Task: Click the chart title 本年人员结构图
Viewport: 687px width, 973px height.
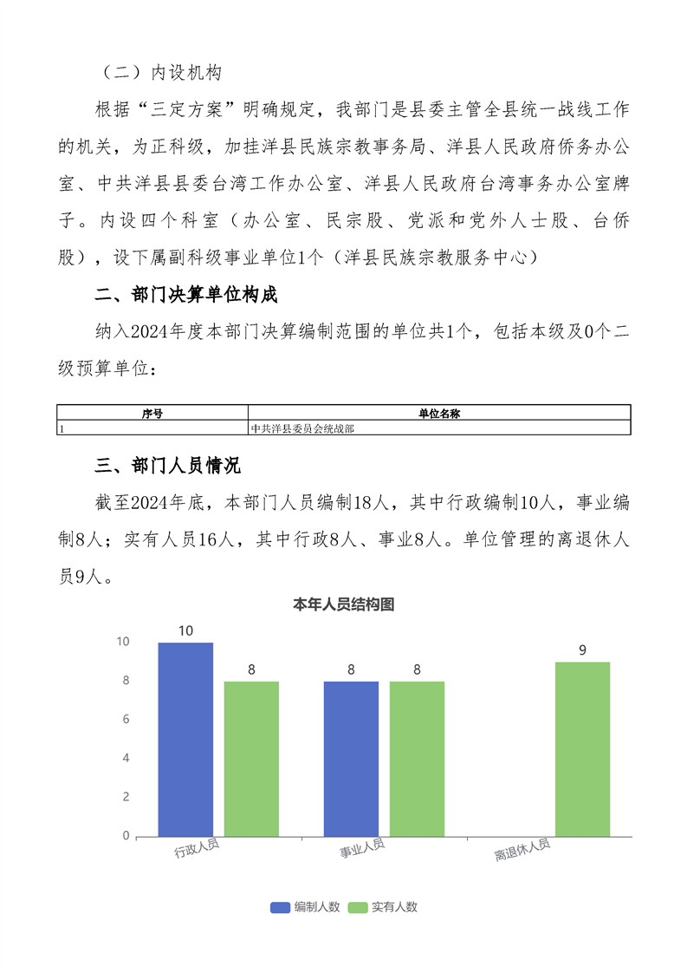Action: (x=344, y=604)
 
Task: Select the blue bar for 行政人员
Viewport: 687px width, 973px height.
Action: (x=185, y=739)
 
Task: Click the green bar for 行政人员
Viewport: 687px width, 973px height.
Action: (x=251, y=759)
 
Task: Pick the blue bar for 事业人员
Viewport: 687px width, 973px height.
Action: (x=351, y=759)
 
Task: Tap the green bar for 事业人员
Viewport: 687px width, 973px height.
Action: (x=417, y=759)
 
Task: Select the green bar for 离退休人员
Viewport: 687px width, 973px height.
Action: (x=582, y=749)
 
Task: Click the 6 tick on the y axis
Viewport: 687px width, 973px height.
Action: (x=126, y=720)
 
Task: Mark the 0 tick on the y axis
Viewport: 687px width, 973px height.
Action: (x=126, y=836)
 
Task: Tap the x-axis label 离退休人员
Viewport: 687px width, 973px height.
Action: (x=522, y=851)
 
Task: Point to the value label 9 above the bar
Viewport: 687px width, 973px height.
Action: (x=582, y=650)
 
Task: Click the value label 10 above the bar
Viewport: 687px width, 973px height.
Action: (x=185, y=630)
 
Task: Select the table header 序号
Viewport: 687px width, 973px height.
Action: (x=152, y=414)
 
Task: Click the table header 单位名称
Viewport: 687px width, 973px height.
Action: (x=439, y=414)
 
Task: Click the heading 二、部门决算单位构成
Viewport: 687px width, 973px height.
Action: (x=185, y=296)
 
